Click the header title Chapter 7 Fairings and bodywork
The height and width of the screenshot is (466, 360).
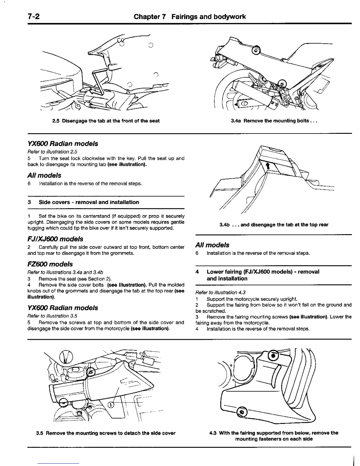point(190,16)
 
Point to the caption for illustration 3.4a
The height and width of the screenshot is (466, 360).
point(274,121)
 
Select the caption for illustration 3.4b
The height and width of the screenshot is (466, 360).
point(274,225)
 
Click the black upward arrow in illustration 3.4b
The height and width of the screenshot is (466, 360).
point(267,167)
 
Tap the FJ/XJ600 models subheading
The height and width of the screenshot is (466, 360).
point(55,239)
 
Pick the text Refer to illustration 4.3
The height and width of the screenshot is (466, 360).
point(220,292)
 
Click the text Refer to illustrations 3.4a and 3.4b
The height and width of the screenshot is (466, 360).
point(65,272)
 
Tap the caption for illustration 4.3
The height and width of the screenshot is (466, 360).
point(274,436)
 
